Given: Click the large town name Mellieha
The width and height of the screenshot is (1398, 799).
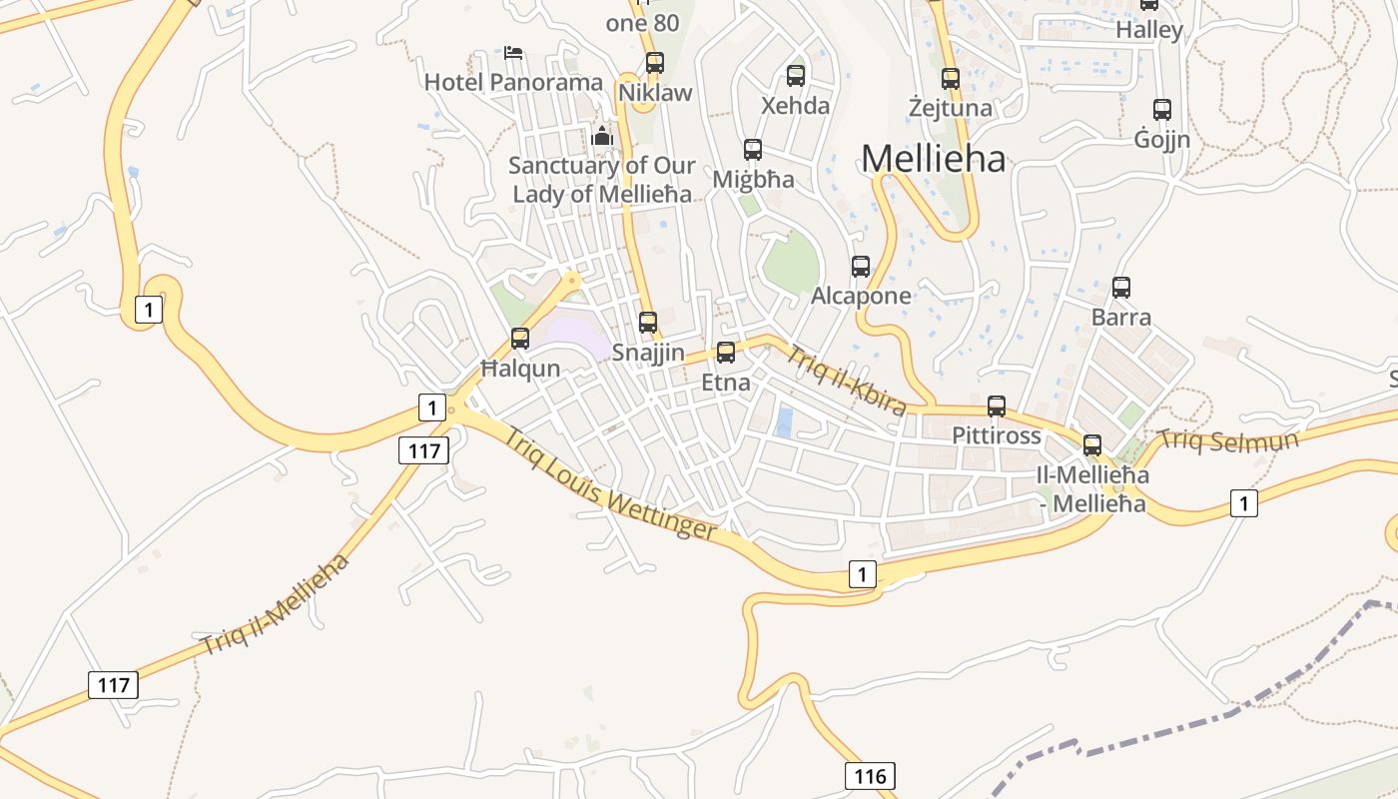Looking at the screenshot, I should (933, 158).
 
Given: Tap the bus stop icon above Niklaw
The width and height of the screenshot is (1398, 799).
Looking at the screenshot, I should (655, 63).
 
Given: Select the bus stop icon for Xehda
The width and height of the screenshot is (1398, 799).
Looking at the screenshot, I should (796, 76).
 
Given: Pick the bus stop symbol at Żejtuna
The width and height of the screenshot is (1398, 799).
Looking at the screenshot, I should (951, 78).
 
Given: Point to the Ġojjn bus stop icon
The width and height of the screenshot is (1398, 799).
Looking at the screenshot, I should (1162, 110).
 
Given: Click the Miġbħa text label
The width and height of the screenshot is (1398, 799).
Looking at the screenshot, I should (754, 180).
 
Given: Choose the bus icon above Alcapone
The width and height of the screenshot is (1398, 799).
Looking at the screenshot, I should (861, 267).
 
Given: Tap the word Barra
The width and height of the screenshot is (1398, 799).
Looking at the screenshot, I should (1121, 318).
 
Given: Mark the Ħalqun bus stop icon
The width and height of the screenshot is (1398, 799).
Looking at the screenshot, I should (520, 339).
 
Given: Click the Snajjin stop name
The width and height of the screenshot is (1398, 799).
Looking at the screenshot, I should (648, 353).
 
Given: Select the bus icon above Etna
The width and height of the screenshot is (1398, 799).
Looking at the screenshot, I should (726, 353).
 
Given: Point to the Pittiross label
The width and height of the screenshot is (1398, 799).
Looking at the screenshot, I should (996, 435).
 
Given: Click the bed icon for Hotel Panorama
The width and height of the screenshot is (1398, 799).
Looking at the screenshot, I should (513, 52).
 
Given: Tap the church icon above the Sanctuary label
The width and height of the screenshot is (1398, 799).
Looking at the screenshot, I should (602, 137).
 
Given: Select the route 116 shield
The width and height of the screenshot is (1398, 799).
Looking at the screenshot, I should (870, 775).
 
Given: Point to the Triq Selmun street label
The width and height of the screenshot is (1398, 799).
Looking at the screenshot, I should (1227, 440).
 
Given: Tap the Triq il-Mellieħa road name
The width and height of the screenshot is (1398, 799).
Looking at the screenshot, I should (276, 604).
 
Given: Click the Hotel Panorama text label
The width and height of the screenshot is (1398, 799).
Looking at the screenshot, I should (513, 82).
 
